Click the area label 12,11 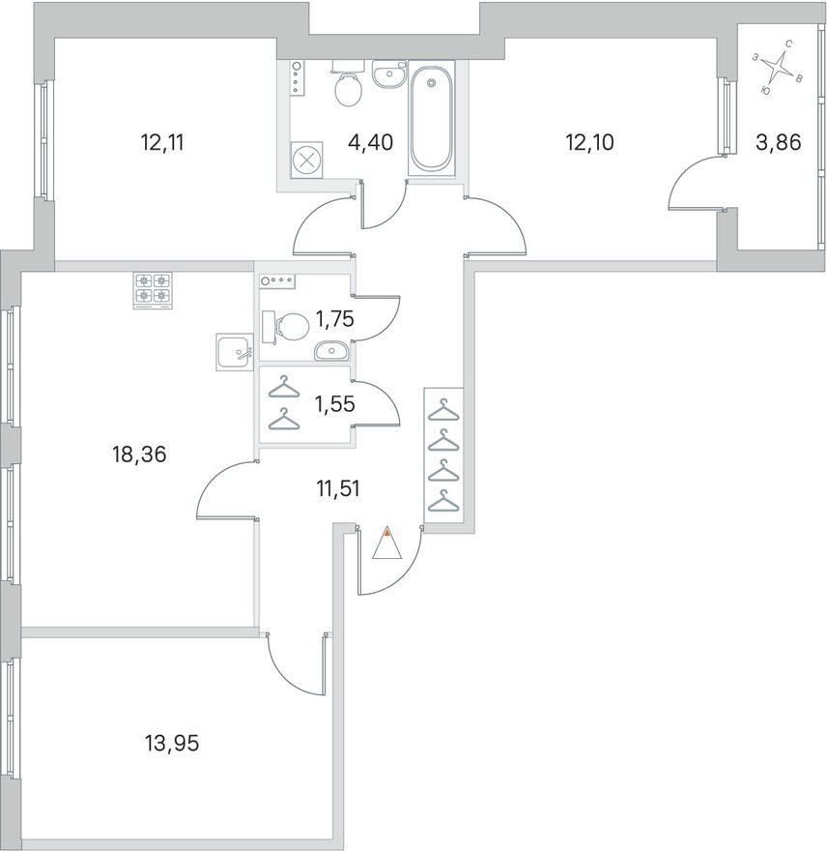click(162, 143)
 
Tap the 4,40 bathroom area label click(370, 143)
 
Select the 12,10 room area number click(589, 143)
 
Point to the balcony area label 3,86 click(778, 143)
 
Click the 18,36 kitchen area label click(139, 455)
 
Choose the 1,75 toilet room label click(334, 319)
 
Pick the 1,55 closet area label click(335, 404)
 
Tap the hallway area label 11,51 click(338, 489)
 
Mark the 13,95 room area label click(172, 743)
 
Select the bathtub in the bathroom click(431, 118)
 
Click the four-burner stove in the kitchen click(153, 290)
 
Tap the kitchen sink click(235, 352)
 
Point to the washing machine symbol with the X click(306, 161)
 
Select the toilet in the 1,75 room click(285, 327)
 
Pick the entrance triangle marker click(387, 543)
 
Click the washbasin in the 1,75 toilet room click(330, 351)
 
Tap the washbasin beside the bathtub click(388, 73)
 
